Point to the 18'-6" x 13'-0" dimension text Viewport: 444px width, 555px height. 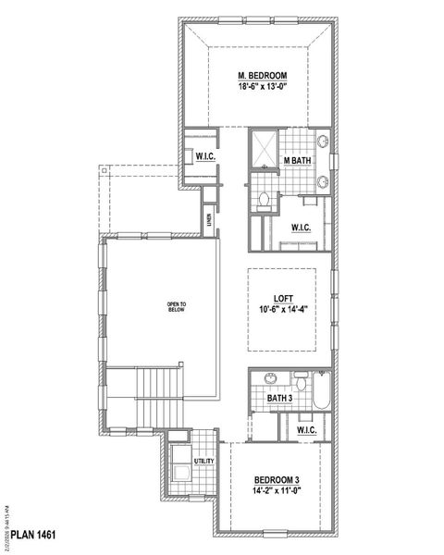pos(262,89)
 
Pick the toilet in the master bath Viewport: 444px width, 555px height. pos(264,198)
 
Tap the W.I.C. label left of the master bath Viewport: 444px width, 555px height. pos(206,156)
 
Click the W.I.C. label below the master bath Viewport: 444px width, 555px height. pos(301,227)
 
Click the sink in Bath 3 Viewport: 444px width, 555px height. pos(269,377)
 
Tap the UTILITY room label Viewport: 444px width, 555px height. pos(203,462)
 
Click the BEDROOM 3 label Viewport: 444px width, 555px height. pos(276,479)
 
